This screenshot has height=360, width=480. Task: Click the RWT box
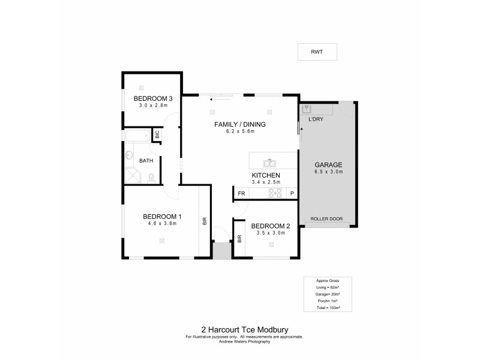[317, 52]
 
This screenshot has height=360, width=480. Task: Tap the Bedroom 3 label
[153, 98]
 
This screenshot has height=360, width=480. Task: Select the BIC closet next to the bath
[157, 136]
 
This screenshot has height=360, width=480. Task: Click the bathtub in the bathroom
[137, 136]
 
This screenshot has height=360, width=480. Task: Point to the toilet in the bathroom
[151, 178]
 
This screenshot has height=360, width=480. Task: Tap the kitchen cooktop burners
[275, 193]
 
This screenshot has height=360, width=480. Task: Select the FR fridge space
[241, 193]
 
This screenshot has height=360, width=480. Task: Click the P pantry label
[292, 193]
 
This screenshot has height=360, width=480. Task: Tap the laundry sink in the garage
[307, 110]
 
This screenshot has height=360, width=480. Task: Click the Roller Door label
[328, 219]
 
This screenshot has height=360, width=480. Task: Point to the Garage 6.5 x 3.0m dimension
[329, 172]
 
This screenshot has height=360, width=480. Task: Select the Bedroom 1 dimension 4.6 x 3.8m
[162, 224]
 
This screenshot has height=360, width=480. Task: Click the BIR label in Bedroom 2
[239, 238]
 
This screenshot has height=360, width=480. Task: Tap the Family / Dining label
[239, 125]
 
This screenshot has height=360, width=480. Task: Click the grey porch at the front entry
[221, 251]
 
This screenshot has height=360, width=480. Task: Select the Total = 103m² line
[328, 307]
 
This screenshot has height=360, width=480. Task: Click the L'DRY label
[316, 120]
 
